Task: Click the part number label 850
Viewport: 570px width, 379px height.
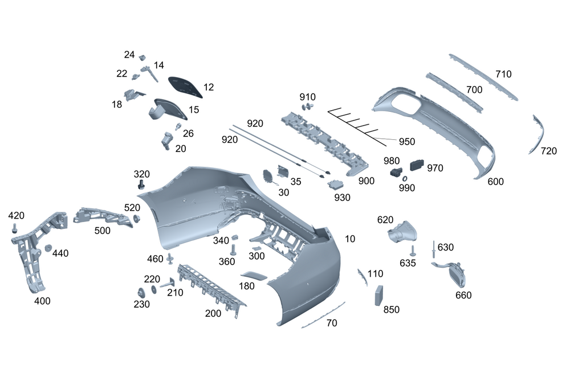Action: (392, 309)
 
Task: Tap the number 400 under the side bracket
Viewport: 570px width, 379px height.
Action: (42, 301)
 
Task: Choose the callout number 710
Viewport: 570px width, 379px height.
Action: (503, 74)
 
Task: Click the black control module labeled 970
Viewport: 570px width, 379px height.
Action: (417, 164)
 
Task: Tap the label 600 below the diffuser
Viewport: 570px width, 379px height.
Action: (496, 182)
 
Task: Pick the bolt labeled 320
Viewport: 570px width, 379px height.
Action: (141, 184)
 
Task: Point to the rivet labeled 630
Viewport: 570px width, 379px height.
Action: (434, 248)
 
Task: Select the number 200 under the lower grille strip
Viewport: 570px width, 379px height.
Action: (213, 313)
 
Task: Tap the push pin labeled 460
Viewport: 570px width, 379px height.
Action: (170, 259)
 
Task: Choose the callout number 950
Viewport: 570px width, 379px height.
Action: (406, 142)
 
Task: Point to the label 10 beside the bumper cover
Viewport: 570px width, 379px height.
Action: (350, 239)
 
